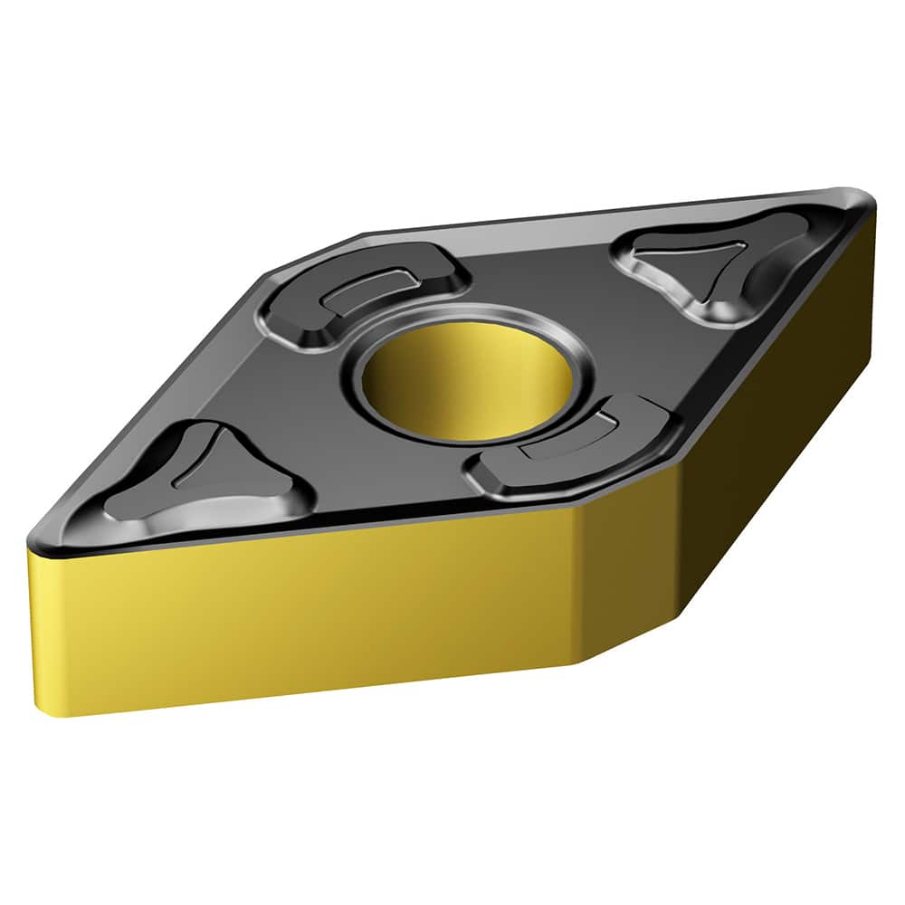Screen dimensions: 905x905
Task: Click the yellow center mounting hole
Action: pos(462,380)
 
